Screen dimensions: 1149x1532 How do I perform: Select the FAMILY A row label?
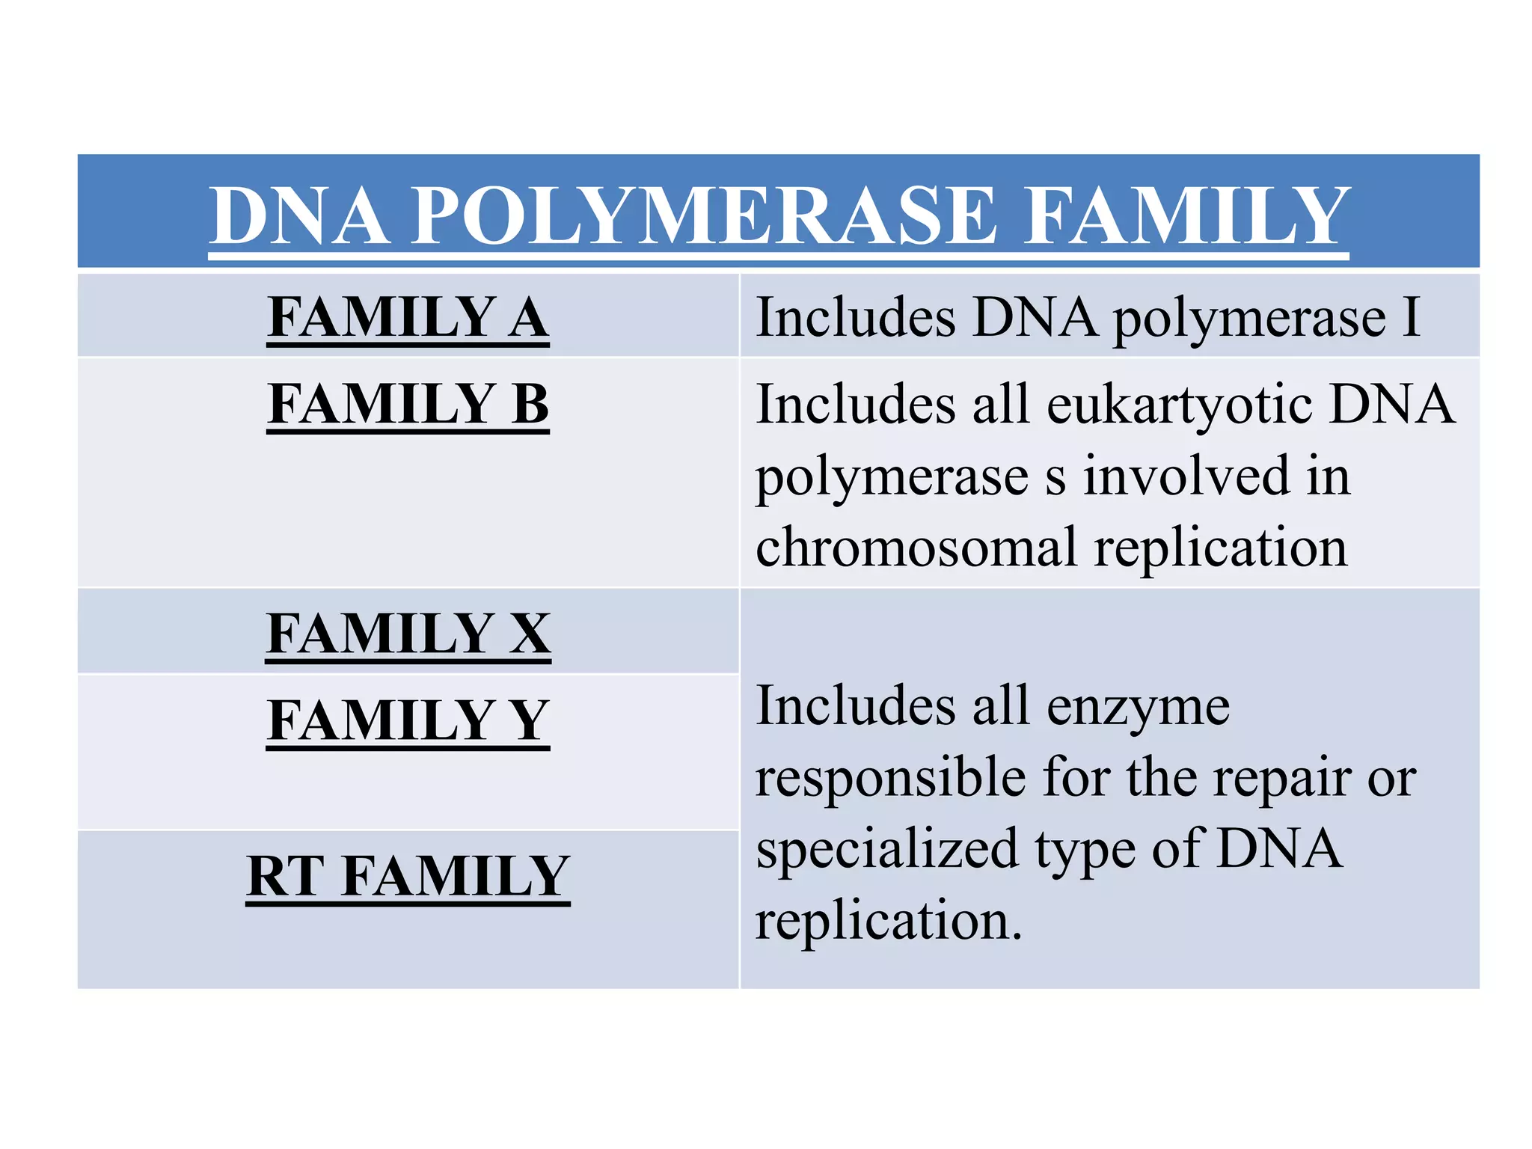click(408, 317)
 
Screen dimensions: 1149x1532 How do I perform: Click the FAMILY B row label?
click(408, 404)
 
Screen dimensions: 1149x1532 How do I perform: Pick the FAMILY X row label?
click(408, 634)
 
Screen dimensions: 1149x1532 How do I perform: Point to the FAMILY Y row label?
click(408, 720)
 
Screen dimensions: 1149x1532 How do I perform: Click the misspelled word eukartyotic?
click(1179, 405)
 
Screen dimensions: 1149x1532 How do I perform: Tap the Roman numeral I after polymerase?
click(1411, 318)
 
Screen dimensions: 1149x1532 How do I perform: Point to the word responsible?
click(890, 778)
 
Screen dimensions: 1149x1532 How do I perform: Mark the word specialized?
click(887, 850)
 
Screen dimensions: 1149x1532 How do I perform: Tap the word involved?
click(1186, 477)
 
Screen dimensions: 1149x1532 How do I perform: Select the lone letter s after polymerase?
click(1055, 479)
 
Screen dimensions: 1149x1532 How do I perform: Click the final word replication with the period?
click(889, 920)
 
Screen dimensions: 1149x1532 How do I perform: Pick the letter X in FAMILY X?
click(530, 634)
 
